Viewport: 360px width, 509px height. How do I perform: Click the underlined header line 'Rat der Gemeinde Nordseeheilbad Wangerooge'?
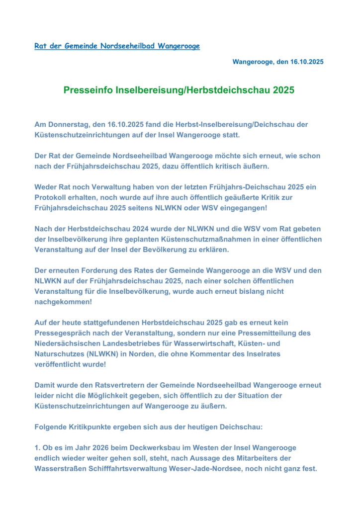click(x=117, y=46)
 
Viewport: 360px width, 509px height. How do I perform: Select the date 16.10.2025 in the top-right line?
click(x=305, y=62)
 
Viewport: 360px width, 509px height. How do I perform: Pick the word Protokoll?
click(x=53, y=197)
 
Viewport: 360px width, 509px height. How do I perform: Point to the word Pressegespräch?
click(x=64, y=333)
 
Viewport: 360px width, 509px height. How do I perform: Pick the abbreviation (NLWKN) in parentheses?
click(x=107, y=353)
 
